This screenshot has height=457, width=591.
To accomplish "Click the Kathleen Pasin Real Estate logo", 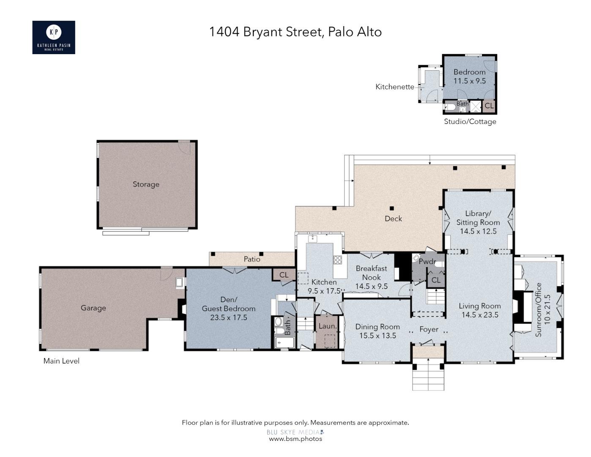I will pyautogui.click(x=54, y=37).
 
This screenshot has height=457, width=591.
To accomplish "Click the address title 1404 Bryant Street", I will pyautogui.click(x=295, y=32).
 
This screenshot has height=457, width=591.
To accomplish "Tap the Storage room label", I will pyautogui.click(x=146, y=184).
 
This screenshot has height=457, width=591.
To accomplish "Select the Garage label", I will pyautogui.click(x=93, y=308).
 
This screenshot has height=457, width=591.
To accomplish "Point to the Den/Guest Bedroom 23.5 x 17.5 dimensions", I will pyautogui.click(x=228, y=317).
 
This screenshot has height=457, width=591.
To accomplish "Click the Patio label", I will pyautogui.click(x=252, y=259).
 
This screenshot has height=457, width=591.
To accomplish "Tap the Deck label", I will pyautogui.click(x=393, y=218).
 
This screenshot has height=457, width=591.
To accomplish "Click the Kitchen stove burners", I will pyautogui.click(x=337, y=260).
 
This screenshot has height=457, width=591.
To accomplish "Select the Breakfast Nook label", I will pyautogui.click(x=371, y=273).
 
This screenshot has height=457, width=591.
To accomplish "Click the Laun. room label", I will pyautogui.click(x=327, y=326).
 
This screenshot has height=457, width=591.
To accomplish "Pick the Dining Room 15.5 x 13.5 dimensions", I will pyautogui.click(x=378, y=336).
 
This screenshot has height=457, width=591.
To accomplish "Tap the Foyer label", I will pyautogui.click(x=429, y=329).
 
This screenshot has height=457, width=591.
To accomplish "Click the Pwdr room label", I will pyautogui.click(x=427, y=262).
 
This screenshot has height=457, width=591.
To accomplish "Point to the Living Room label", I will pyautogui.click(x=480, y=306).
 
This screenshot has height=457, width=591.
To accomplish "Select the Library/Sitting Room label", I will pyautogui.click(x=478, y=218).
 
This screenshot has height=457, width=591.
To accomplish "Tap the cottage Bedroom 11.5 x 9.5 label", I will pyautogui.click(x=469, y=76).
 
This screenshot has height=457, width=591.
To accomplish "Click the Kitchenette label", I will pyautogui.click(x=395, y=87).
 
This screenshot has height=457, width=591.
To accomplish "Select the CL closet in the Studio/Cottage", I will pyautogui.click(x=489, y=106).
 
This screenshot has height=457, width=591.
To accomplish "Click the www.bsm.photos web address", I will pyautogui.click(x=295, y=439).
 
